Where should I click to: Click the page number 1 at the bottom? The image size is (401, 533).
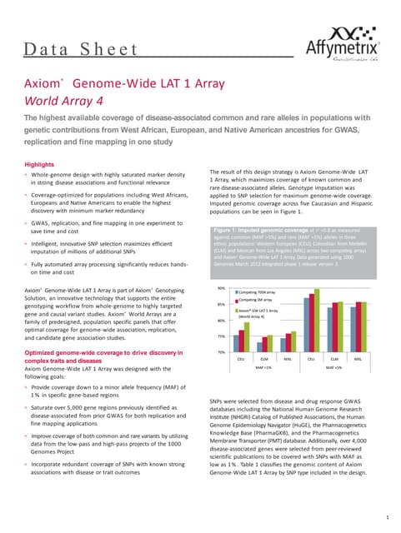(388, 518)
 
